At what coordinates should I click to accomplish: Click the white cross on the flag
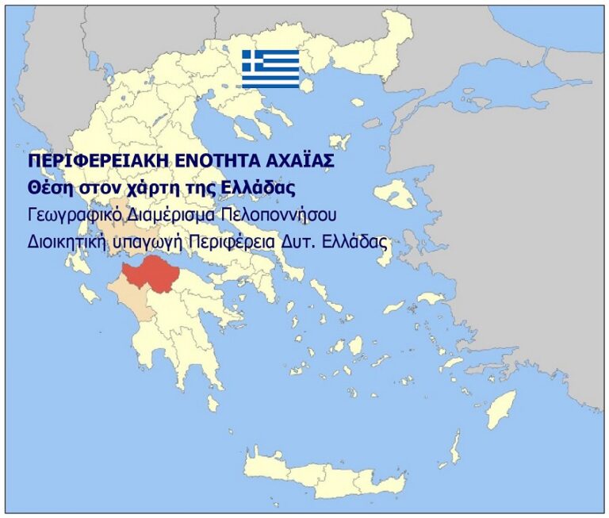coord(252,61)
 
